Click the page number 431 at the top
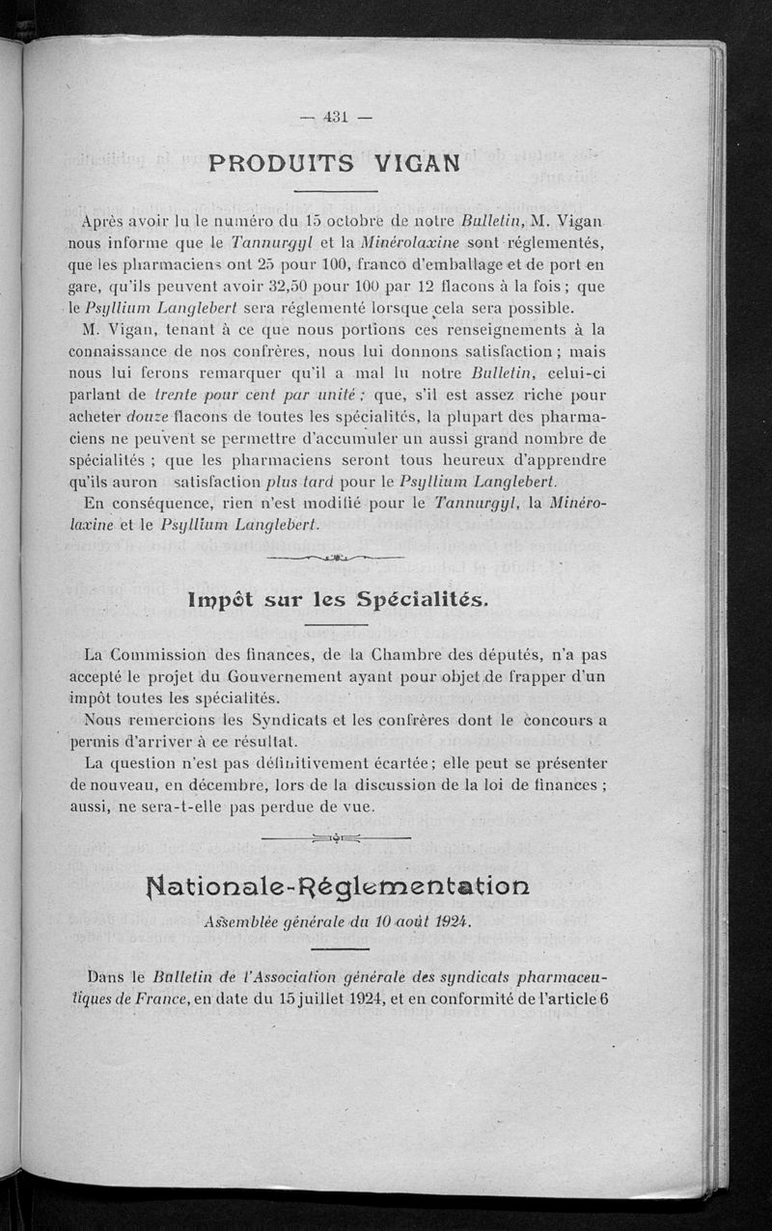tap(336, 118)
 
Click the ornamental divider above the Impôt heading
tap(334, 557)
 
